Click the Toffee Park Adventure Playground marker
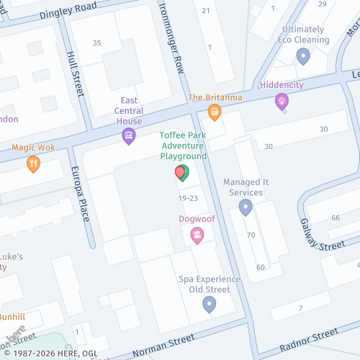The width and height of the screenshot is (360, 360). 181,173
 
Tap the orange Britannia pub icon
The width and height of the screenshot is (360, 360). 214,112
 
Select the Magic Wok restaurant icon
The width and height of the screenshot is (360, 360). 33,163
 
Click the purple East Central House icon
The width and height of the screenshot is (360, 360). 129,135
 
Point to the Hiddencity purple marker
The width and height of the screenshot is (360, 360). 282,101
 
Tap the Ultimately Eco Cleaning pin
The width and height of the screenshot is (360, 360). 303,55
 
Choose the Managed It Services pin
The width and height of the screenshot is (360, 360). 246,207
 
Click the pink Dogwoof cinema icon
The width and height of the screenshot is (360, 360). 197,235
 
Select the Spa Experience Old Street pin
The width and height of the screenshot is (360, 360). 210,305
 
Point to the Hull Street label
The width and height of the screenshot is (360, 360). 74,74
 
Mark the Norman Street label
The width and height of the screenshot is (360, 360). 162,344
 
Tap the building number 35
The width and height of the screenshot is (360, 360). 97,43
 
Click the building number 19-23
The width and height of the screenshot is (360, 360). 189,197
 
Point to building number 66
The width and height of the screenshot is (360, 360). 336,217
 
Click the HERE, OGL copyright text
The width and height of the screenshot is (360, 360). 50,354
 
